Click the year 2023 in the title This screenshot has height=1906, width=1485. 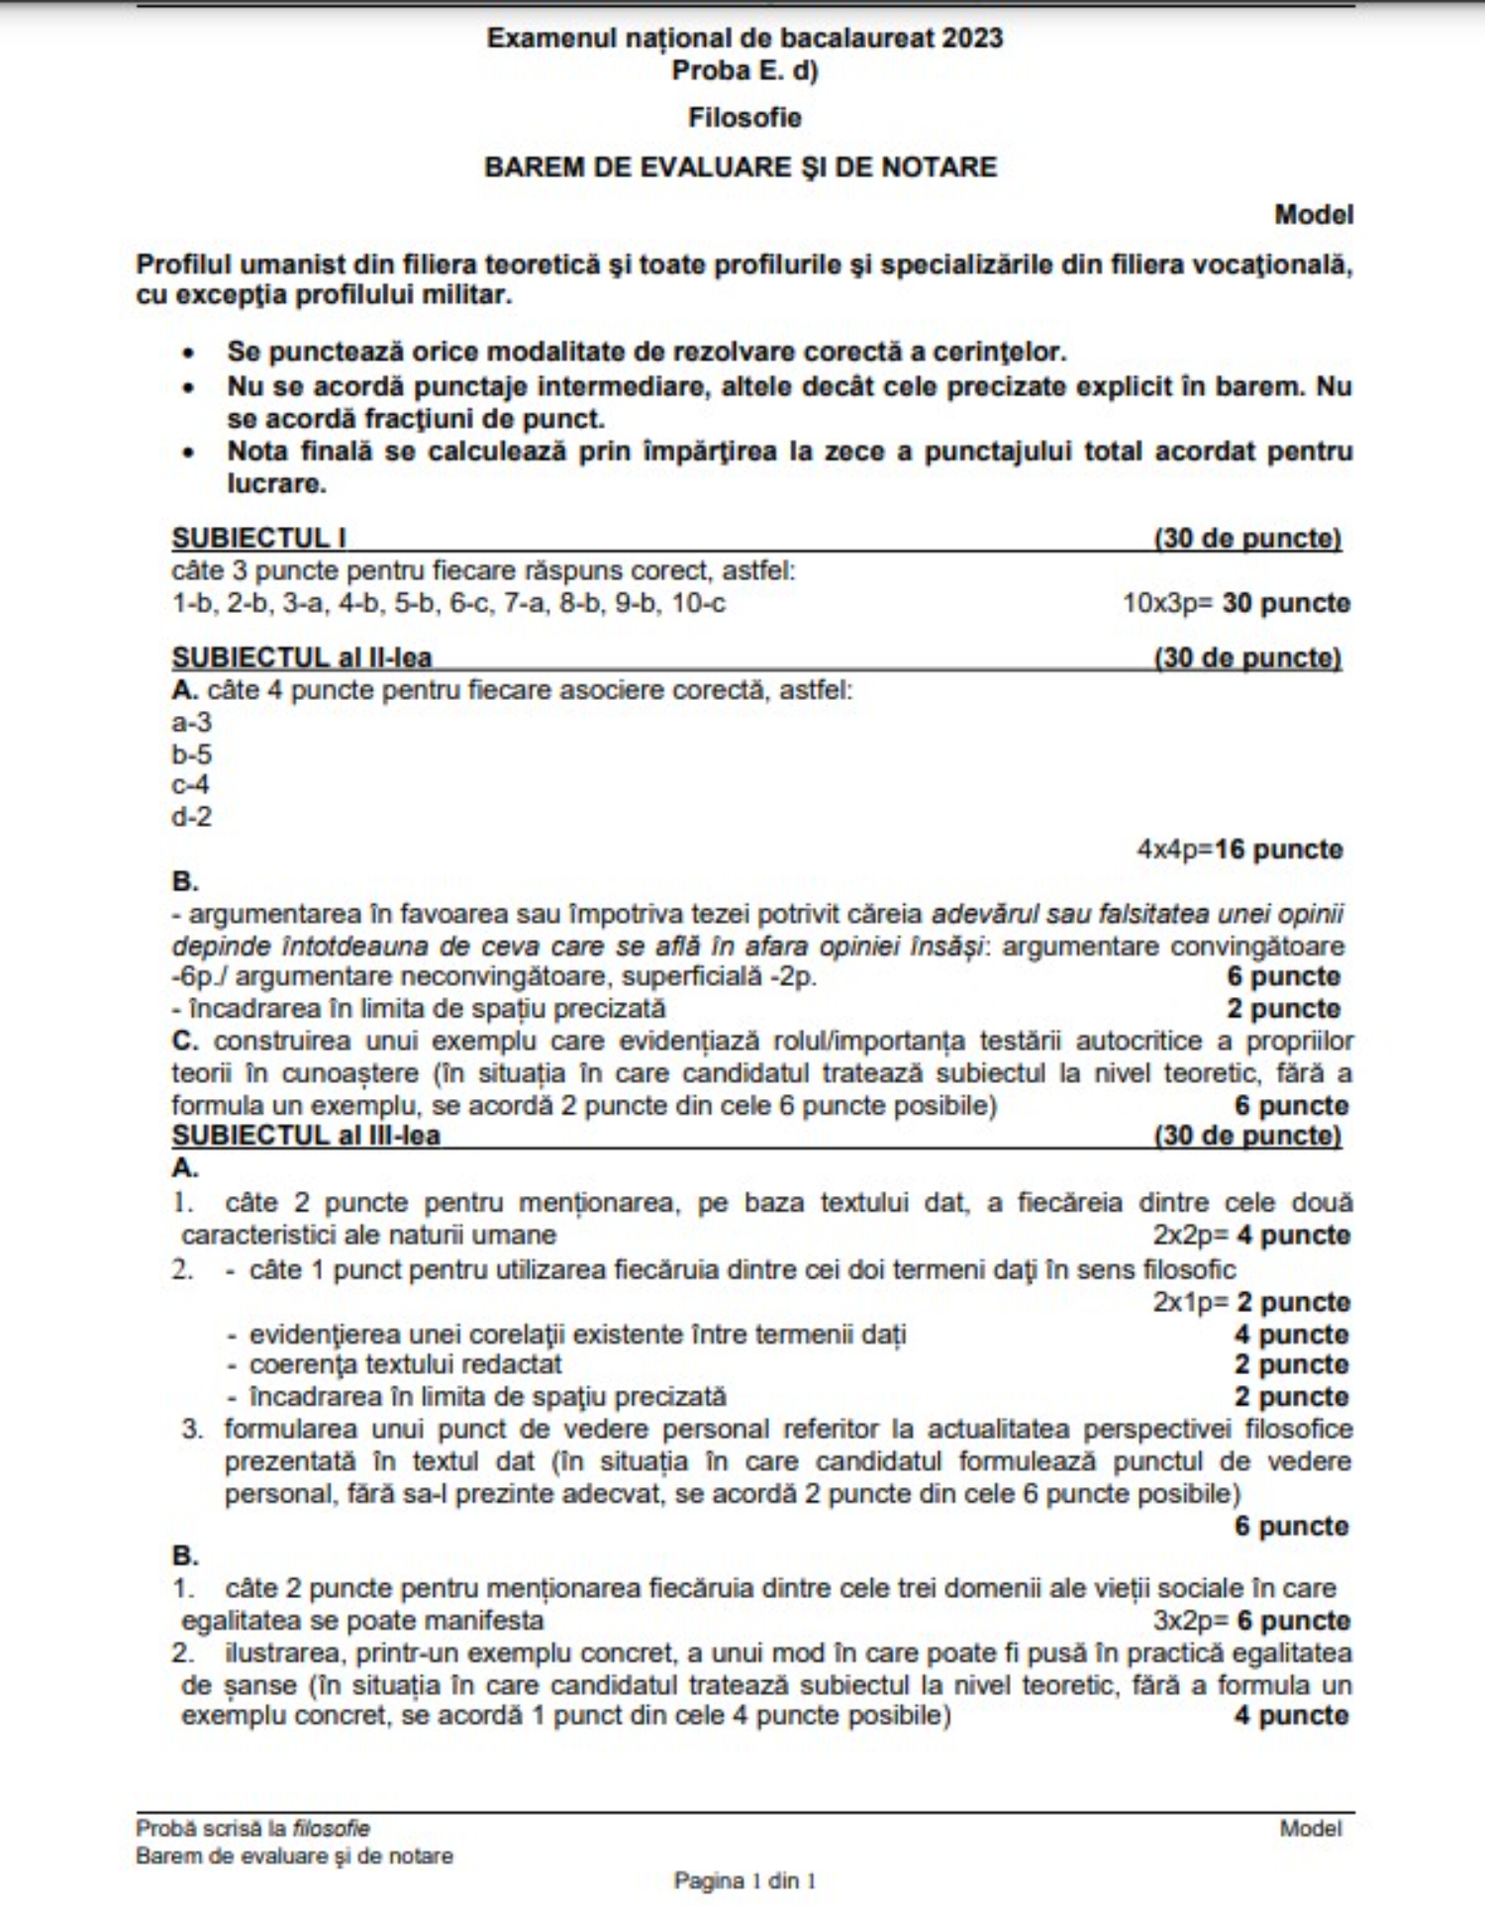click(972, 38)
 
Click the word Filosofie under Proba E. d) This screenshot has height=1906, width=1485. click(744, 118)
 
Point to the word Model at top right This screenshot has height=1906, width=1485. click(1313, 214)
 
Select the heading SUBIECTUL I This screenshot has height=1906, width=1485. click(258, 538)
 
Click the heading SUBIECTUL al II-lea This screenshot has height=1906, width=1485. click(301, 657)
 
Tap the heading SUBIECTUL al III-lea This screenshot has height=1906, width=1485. click(305, 1135)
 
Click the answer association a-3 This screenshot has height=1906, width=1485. click(191, 722)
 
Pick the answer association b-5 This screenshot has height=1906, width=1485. click(191, 754)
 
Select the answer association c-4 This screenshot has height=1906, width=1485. click(190, 785)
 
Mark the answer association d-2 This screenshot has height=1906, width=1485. click(191, 817)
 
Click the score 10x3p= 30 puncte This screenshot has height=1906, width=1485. click(1236, 603)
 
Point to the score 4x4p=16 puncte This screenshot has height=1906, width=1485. click(1239, 850)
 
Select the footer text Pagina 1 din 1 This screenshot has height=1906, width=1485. click(744, 1880)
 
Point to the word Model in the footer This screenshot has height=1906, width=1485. click(1311, 1829)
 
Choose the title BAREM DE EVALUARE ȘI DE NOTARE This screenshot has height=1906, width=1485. click(741, 166)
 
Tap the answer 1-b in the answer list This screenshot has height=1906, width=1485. click(192, 603)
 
